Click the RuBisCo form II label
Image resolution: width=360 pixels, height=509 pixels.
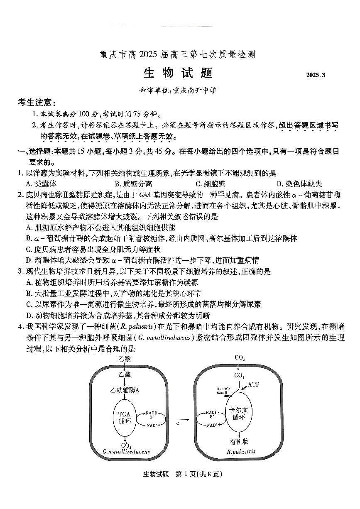click(x=220, y=391)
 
